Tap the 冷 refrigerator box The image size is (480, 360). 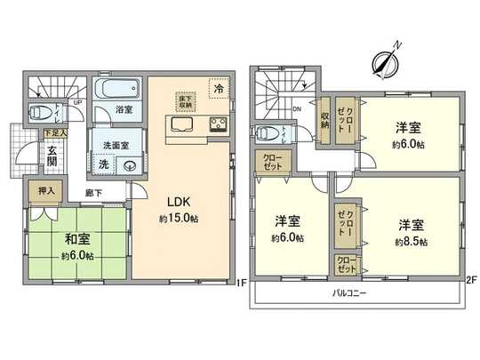218,88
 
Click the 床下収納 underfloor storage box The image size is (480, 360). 184,100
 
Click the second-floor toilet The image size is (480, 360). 266,134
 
